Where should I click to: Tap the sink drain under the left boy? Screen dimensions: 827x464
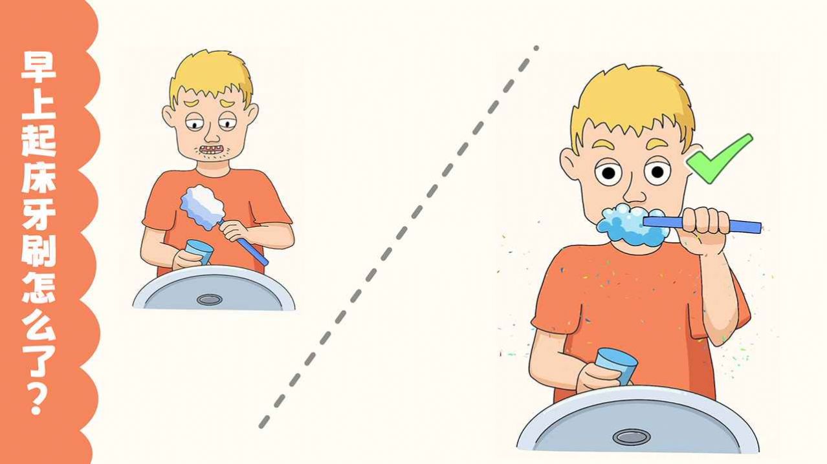click(x=209, y=299)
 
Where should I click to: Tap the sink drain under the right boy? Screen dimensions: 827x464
click(x=632, y=437)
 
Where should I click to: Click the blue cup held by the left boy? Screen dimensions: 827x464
click(x=199, y=251)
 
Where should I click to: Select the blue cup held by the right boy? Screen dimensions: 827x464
click(x=617, y=366)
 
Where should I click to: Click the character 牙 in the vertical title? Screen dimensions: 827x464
click(x=38, y=215)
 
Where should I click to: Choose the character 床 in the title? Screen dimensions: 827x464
click(x=38, y=178)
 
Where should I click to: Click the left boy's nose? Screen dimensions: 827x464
click(x=212, y=135)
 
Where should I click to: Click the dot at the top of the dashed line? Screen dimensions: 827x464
click(x=536, y=48)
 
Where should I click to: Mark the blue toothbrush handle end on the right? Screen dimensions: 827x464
click(x=758, y=228)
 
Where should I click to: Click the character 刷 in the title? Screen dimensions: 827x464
click(x=38, y=252)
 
